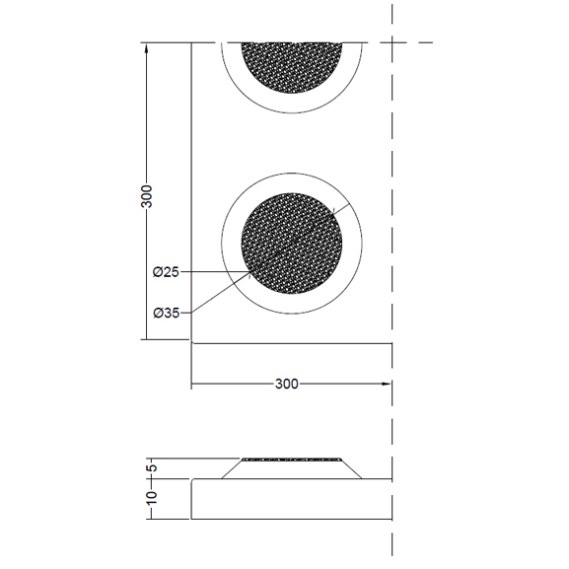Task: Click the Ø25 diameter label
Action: coord(166,272)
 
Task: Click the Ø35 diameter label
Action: coord(167,313)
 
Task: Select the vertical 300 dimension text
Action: coord(147,196)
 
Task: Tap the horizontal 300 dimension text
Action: coord(287,384)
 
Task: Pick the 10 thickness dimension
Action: coord(152,497)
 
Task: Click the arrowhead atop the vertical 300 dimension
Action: coord(146,48)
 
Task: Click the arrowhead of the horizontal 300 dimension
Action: coord(386,384)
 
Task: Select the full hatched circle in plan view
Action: coord(292,244)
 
